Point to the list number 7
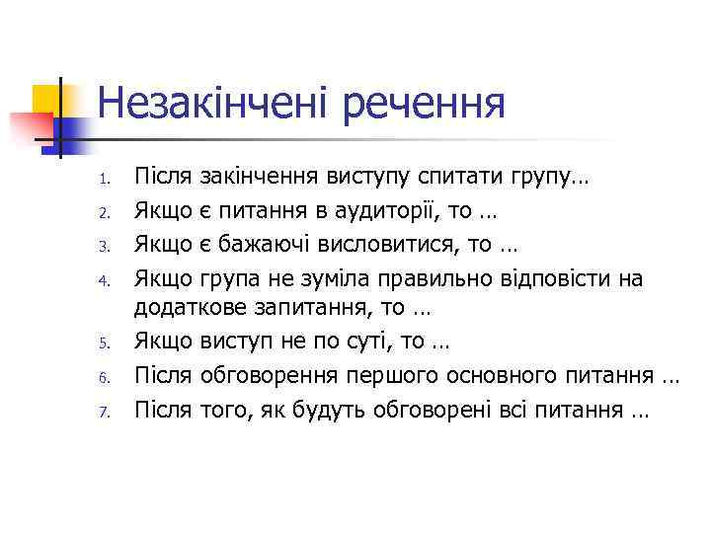tap(87, 412)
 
